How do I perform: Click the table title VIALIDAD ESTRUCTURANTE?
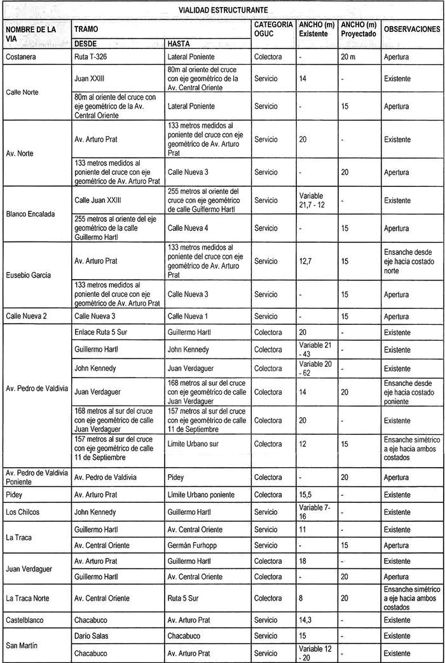coord(222,10)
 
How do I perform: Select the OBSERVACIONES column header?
coord(411,30)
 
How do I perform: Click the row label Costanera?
coord(20,57)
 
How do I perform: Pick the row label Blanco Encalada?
coord(30,214)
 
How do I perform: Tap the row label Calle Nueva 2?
coord(25,316)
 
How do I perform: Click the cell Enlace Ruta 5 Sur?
coord(102,332)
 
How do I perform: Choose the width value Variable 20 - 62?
coord(315,369)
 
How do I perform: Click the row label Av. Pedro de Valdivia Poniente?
coord(36,477)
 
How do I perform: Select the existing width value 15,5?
coord(305,495)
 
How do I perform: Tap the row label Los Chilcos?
coord(22,512)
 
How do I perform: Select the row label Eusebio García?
coord(28,275)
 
